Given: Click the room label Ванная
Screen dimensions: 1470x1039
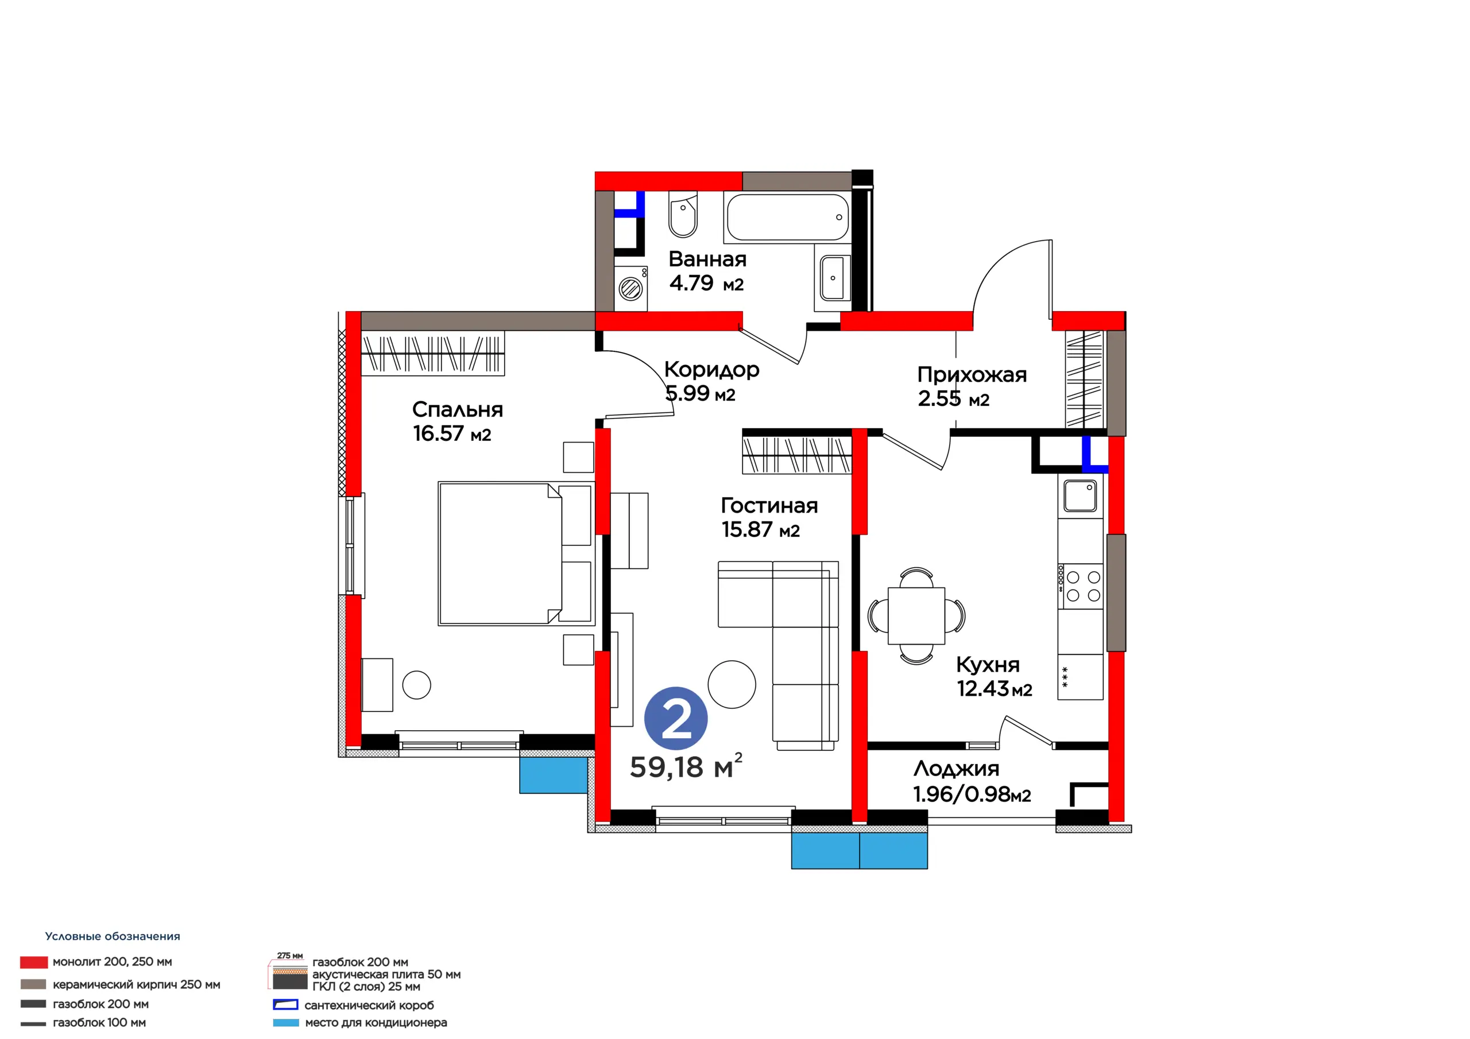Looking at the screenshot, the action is (x=707, y=259).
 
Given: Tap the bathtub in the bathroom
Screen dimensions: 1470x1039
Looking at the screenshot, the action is (x=787, y=217).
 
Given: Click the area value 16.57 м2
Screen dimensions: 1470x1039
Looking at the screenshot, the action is (x=452, y=433).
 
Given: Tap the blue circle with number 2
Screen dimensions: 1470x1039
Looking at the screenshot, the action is (x=675, y=719).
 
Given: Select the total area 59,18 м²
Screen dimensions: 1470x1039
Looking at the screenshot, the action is (x=686, y=766).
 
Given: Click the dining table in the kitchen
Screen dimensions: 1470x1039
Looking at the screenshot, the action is (x=916, y=616).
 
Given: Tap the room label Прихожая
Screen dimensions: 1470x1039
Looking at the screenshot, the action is (x=972, y=374).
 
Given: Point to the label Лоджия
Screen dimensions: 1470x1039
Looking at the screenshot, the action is (x=957, y=768).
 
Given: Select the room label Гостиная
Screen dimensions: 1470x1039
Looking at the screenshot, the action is (x=769, y=505).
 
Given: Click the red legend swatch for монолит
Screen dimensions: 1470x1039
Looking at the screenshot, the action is (x=33, y=962).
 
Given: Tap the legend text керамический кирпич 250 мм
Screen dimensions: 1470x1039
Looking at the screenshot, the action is (x=136, y=984).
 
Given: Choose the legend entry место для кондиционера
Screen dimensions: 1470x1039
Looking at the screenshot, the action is (x=360, y=1023).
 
